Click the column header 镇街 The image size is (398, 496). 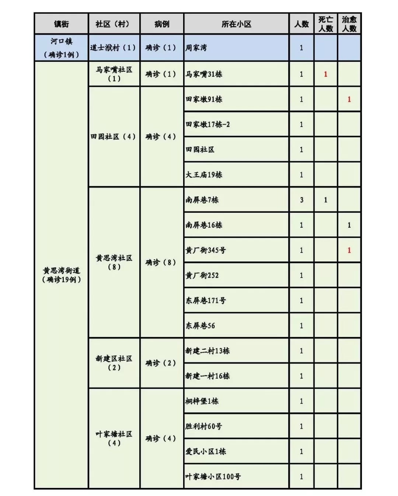(x=61, y=24)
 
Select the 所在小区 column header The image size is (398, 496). (x=236, y=24)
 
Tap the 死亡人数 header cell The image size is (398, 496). (x=325, y=24)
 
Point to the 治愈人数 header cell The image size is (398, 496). (x=349, y=24)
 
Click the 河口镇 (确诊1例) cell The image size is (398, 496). (x=61, y=48)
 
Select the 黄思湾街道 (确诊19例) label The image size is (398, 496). (x=61, y=275)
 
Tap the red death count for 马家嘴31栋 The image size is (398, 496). (x=325, y=74)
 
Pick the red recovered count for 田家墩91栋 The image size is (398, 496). (x=349, y=99)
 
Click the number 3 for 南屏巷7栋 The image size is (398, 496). (x=301, y=200)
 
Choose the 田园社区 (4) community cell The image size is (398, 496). (x=114, y=137)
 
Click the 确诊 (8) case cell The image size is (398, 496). (x=161, y=263)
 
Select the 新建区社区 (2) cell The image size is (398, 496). (x=114, y=363)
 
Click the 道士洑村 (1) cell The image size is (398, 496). (x=114, y=48)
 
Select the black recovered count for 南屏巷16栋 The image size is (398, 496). (x=349, y=225)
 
